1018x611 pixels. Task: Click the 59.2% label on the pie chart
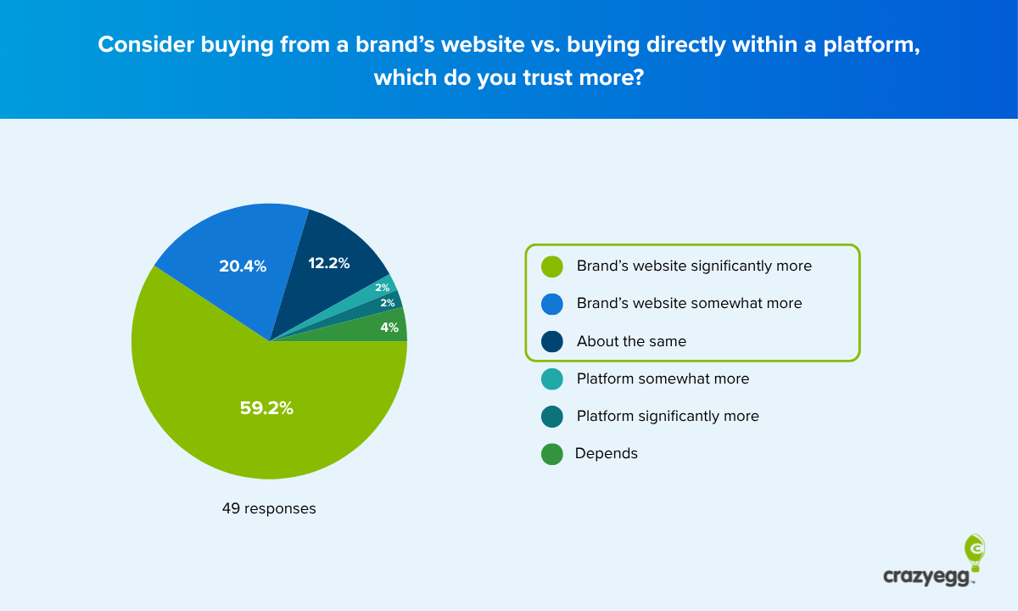266,408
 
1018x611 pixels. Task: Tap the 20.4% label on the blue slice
243,266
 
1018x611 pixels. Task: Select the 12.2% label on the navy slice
329,263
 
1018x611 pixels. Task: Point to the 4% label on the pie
389,327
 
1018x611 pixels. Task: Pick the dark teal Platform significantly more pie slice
393,302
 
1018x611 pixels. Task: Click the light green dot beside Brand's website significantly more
552,266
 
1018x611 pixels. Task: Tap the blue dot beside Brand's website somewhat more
552,304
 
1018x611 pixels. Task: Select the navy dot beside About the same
552,341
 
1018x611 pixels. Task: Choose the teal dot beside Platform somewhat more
552,379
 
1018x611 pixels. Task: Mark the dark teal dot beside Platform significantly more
552,417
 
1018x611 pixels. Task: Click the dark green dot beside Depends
552,454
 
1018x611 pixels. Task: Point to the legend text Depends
606,453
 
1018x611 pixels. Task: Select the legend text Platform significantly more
668,416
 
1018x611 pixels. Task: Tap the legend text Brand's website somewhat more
689,303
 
